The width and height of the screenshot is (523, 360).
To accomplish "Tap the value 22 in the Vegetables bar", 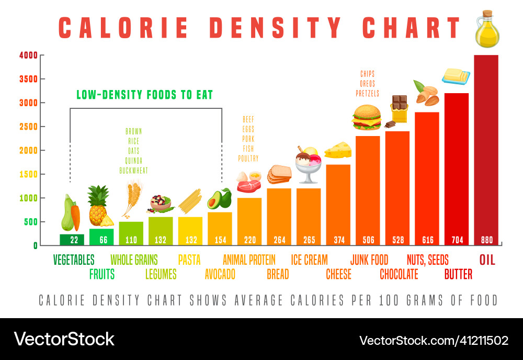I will point(72,240).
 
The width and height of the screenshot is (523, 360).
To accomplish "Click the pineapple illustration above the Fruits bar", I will point(99,206).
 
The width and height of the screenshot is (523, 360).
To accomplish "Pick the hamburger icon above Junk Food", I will point(367,117).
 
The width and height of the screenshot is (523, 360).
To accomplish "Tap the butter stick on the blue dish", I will point(456,76).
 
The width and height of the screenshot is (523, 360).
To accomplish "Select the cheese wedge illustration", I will point(337,150).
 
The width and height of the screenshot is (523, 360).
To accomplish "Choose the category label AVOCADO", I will point(220,274).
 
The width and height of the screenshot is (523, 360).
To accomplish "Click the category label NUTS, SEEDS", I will point(427,260).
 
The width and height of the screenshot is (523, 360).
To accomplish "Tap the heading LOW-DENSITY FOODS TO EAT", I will point(145,95).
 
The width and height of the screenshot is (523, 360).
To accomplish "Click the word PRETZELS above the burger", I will point(367,94).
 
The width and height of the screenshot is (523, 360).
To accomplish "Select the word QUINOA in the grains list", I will point(133,161).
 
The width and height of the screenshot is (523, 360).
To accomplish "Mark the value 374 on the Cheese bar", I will point(338,240).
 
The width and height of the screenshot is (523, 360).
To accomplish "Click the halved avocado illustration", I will point(219,199).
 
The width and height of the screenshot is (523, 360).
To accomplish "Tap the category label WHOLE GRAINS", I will point(134,260).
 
